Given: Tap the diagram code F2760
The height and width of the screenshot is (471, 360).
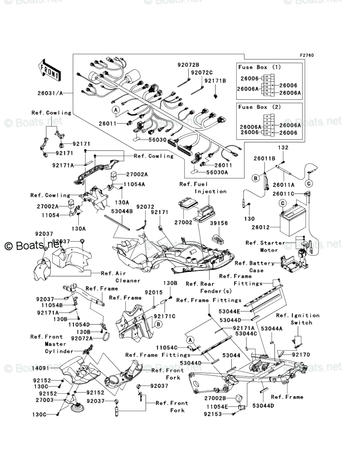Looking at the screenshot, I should [x=306, y=55].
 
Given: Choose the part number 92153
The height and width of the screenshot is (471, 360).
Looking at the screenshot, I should [x=213, y=414].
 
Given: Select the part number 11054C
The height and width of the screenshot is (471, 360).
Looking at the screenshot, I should [x=166, y=347].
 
